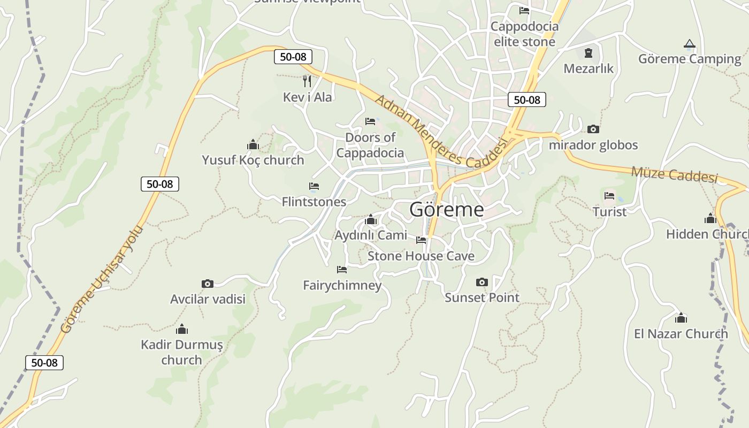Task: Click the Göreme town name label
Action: click(446, 209)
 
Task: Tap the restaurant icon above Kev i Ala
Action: click(307, 81)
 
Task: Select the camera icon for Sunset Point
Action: click(482, 282)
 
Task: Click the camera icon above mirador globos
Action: click(593, 129)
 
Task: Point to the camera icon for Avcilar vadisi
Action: click(208, 284)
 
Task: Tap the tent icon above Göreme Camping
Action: click(689, 44)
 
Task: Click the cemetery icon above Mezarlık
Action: click(588, 53)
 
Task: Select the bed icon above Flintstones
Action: click(314, 186)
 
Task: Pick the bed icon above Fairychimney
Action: click(342, 269)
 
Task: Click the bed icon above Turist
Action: click(609, 196)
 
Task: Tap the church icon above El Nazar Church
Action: click(681, 318)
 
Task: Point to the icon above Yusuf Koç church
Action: click(253, 144)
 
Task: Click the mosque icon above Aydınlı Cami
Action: click(370, 220)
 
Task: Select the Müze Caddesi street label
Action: click(674, 174)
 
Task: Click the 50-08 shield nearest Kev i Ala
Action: click(293, 57)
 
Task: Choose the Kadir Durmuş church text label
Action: click(181, 352)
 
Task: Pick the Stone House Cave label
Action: click(421, 256)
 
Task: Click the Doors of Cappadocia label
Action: click(370, 145)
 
